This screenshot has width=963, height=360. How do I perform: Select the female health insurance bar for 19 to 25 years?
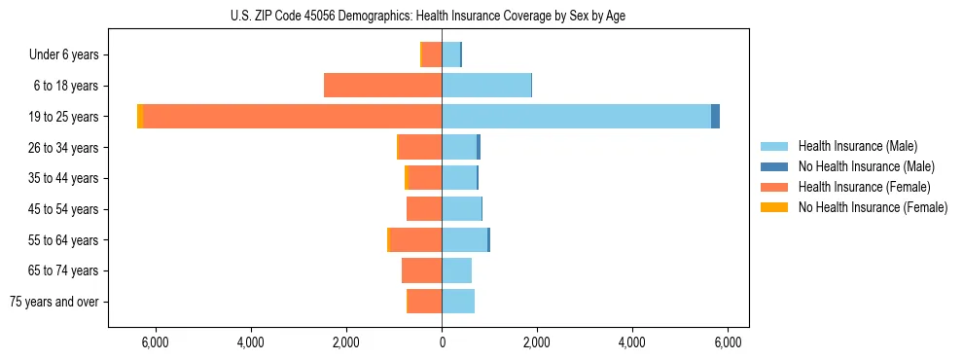click(292, 116)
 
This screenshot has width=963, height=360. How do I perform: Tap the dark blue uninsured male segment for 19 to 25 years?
click(715, 116)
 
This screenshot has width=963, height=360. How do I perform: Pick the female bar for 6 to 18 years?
click(382, 86)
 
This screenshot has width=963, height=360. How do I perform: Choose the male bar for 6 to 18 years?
click(486, 86)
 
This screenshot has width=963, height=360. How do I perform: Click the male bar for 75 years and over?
click(458, 302)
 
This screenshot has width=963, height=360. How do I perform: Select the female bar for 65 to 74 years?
click(421, 270)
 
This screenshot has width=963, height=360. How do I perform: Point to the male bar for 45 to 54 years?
click(461, 209)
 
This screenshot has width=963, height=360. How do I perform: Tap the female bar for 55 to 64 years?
click(416, 239)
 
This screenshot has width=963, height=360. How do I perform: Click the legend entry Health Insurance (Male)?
click(857, 146)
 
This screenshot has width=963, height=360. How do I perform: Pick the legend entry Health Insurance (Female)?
click(863, 187)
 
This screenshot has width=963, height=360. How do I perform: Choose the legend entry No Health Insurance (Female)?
click(872, 207)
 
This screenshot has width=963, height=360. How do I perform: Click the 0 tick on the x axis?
click(442, 342)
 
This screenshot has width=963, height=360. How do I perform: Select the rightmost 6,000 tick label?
click(728, 342)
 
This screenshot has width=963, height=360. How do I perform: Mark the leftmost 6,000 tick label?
click(156, 342)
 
